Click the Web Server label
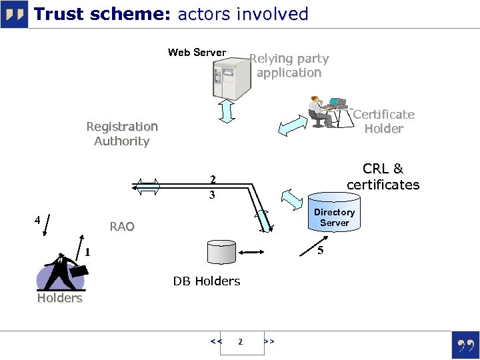[197, 53]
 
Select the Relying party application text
[289, 66]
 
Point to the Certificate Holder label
[383, 121]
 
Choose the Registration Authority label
[122, 133]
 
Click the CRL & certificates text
[383, 177]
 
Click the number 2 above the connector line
[212, 179]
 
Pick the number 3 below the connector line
[212, 195]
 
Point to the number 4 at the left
[37, 219]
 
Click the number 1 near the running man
[87, 252]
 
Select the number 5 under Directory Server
[321, 251]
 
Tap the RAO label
[122, 227]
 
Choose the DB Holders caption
[207, 281]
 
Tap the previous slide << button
[215, 341]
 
